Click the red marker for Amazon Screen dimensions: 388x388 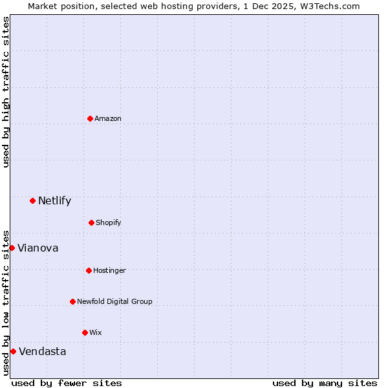point(90,118)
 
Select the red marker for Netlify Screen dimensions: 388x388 point(32,200)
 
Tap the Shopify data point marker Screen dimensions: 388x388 point(91,222)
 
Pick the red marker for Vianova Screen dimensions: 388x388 point(12,248)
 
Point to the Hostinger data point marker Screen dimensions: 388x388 point(89,270)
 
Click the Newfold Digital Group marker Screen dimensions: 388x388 point(72,301)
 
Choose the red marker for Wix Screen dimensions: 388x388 point(85,332)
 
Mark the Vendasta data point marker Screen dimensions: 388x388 point(13,351)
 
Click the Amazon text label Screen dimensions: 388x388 point(108,118)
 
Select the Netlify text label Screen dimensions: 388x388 point(54,200)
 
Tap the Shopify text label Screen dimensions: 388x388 point(109,222)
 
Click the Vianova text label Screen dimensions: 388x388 point(38,248)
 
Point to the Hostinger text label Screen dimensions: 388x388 point(109,270)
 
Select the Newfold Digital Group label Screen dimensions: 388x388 point(114,301)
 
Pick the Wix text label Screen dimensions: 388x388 point(96,332)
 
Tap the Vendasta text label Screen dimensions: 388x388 point(42,351)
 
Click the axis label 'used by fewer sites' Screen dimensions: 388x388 point(67,383)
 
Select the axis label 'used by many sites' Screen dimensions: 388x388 point(325,383)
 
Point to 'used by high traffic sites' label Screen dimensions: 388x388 point(6,92)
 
